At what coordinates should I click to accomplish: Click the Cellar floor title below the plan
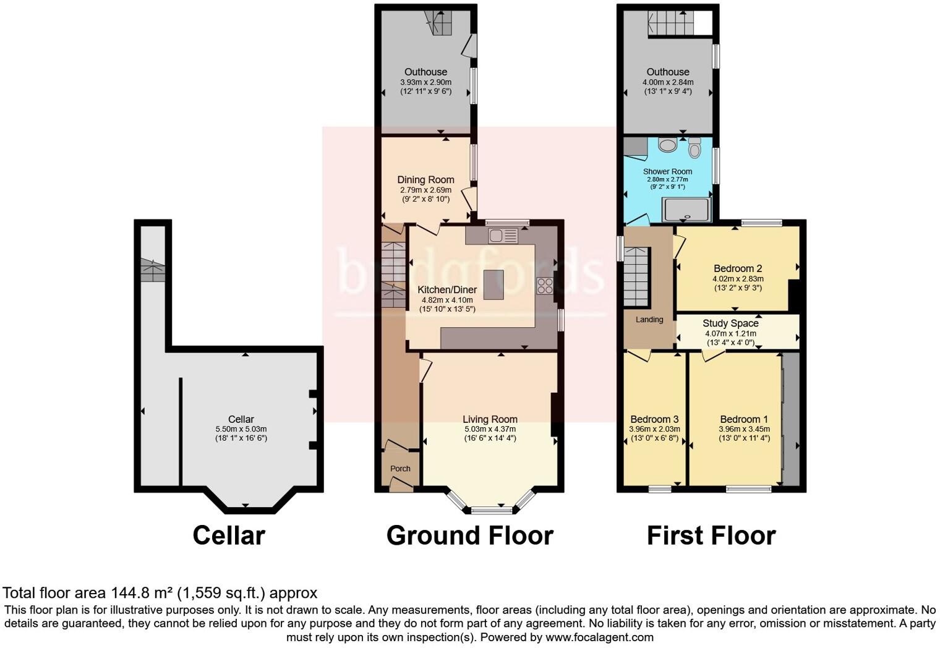229,535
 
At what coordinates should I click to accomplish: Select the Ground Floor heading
469,535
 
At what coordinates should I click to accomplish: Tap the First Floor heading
711,535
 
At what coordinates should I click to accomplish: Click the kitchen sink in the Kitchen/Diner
502,236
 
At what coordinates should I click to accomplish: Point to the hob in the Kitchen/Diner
545,286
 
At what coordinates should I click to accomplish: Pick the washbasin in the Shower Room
668,145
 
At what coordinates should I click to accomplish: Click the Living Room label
490,419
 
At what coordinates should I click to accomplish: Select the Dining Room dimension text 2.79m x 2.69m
425,190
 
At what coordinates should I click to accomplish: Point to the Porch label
400,469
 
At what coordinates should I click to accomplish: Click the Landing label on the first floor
649,320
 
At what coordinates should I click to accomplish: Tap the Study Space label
730,323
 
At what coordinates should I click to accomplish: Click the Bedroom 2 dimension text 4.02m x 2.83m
737,278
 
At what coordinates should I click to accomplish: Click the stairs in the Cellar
153,270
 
